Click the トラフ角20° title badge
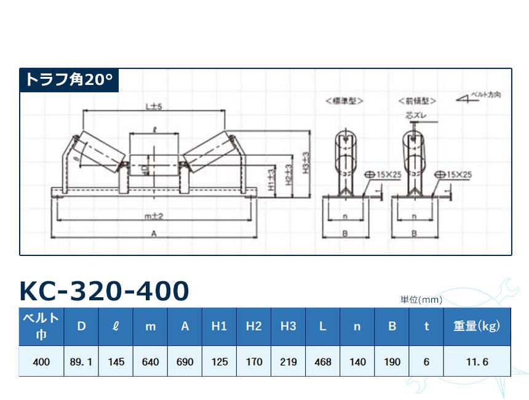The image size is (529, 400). [68, 80]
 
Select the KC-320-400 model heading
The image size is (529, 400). [104, 291]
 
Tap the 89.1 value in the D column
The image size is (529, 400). [81, 362]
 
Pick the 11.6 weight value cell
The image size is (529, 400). [477, 362]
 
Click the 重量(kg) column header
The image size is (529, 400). [477, 327]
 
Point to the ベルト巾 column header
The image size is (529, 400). [41, 327]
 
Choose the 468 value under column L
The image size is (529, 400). [322, 362]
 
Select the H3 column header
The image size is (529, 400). [288, 327]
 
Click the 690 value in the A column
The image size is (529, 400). [185, 362]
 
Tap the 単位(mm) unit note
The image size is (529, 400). [421, 300]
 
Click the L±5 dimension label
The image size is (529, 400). [153, 106]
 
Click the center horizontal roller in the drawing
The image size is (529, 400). [154, 164]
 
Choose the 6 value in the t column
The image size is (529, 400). [426, 362]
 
